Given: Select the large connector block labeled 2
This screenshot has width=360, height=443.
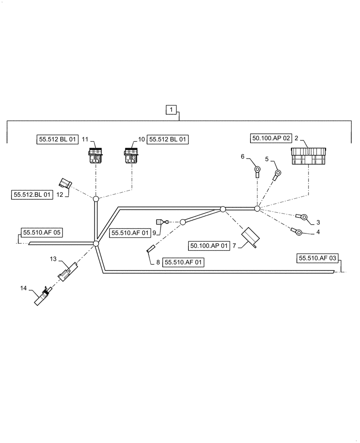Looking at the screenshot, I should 309,156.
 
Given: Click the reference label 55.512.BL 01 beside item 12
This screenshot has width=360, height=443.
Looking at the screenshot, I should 32,194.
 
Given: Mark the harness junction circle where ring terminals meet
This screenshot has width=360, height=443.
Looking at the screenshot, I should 257,208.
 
